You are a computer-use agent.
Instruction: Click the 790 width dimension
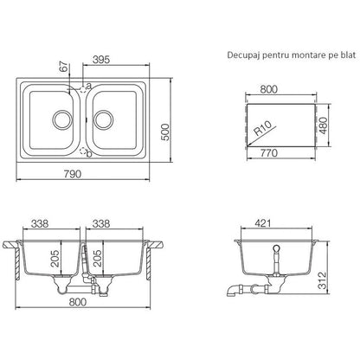point(73,174)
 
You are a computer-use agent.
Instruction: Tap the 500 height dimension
point(165,132)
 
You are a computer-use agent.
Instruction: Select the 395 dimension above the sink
point(101,60)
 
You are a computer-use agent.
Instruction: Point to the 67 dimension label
point(64,67)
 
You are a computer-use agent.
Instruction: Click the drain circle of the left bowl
point(61,119)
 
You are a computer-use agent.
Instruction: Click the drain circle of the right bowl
point(103,119)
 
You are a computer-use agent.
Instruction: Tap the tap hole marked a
point(83,89)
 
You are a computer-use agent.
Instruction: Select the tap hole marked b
point(83,151)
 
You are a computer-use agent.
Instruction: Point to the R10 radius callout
point(262,128)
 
